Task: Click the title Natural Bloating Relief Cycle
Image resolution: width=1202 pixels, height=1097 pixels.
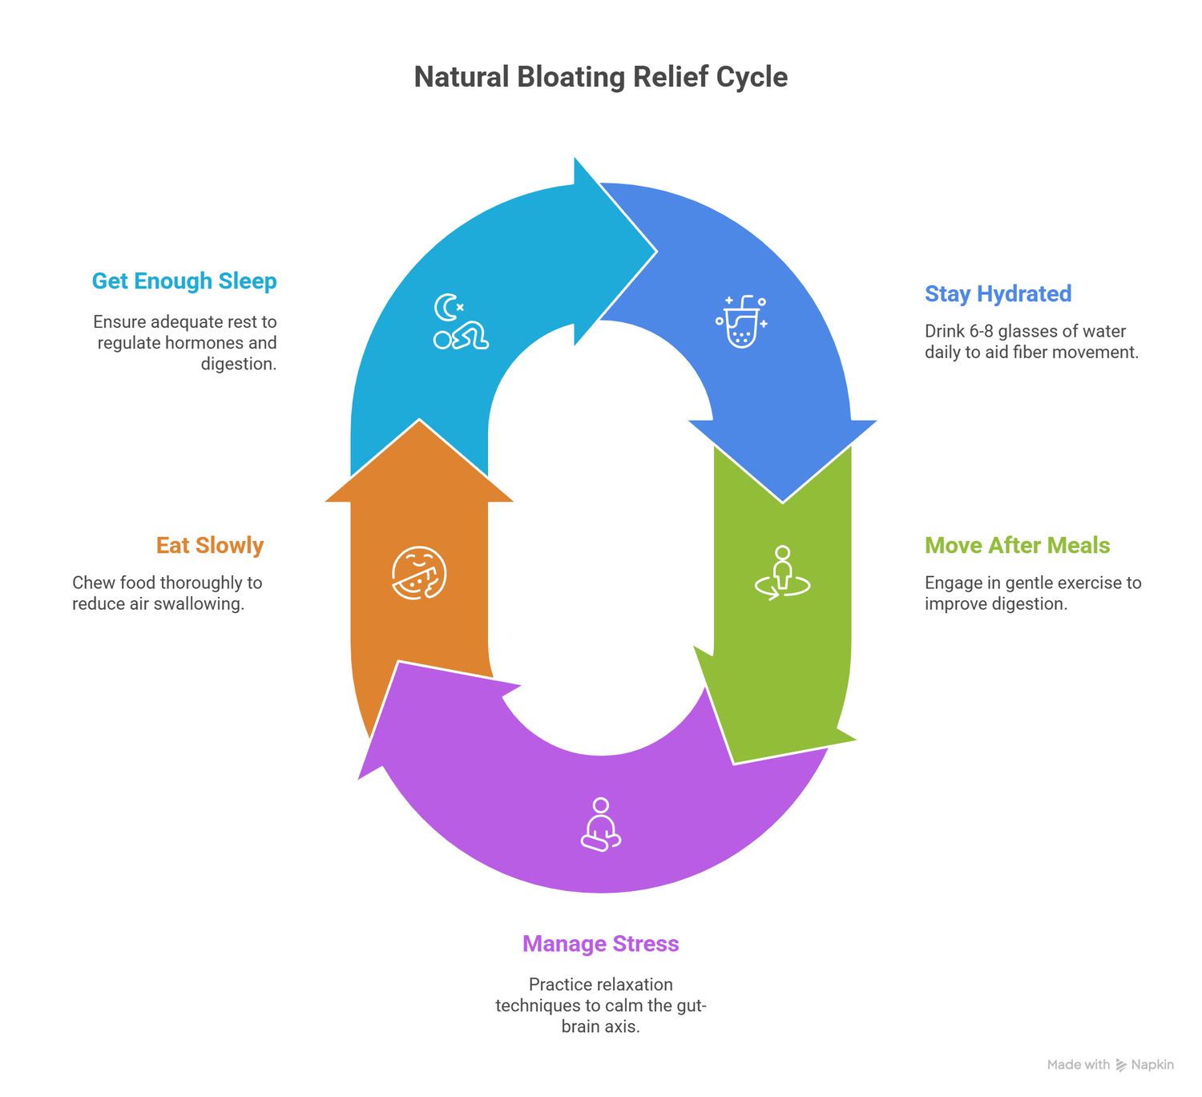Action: (x=600, y=77)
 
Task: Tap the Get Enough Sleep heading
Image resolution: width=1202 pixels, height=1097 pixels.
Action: (x=184, y=281)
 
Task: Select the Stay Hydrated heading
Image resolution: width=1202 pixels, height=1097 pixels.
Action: (x=998, y=294)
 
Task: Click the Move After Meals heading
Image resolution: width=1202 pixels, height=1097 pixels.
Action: (x=1017, y=546)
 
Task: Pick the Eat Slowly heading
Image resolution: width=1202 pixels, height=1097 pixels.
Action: (x=210, y=546)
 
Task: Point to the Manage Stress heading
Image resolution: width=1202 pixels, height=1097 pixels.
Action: (x=600, y=944)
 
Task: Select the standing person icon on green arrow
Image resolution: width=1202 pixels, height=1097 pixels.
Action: (x=783, y=573)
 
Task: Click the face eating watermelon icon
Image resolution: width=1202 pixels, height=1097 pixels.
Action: (x=419, y=573)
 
